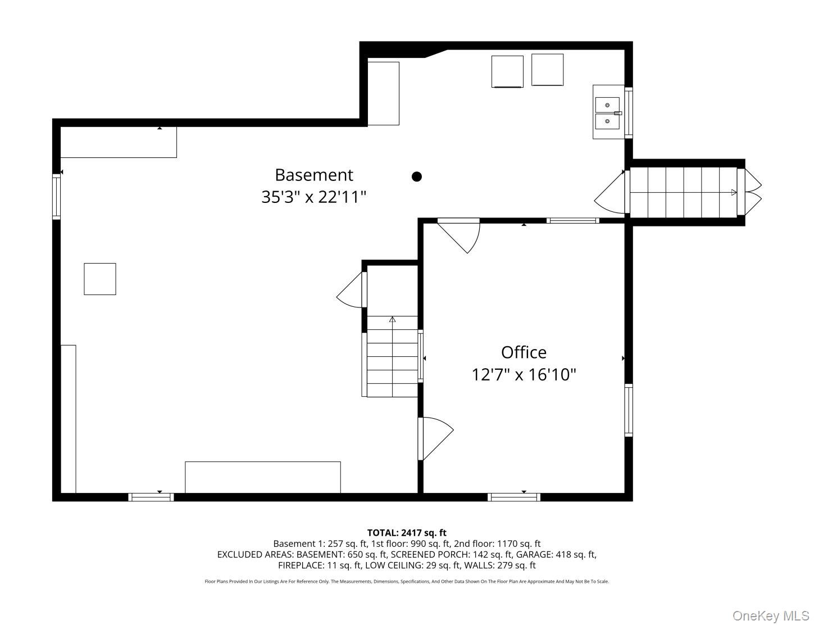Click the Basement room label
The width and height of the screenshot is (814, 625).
314,175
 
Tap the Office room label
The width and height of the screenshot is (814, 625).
524,352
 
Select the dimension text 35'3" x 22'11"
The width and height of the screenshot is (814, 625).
313,197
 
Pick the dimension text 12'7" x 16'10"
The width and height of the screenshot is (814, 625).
524,374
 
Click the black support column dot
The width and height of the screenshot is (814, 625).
417,176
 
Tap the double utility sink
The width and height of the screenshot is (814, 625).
607,112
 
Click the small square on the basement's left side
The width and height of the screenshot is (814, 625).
99,279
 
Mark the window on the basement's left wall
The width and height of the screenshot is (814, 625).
56,196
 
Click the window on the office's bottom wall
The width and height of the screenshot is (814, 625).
513,497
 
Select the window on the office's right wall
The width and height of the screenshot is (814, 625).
629,410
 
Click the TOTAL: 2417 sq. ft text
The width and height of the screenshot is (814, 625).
406,532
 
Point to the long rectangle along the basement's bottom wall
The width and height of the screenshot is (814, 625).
262,477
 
